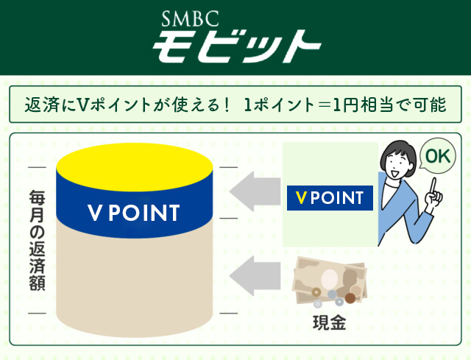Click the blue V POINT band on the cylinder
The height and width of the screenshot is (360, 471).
[x=133, y=213]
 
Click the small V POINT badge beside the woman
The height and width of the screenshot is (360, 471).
[x=329, y=197]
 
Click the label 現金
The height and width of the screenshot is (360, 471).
[x=328, y=322]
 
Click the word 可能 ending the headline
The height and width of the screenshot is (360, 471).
[x=432, y=105]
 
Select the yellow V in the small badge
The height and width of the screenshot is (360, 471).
[x=300, y=197]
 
